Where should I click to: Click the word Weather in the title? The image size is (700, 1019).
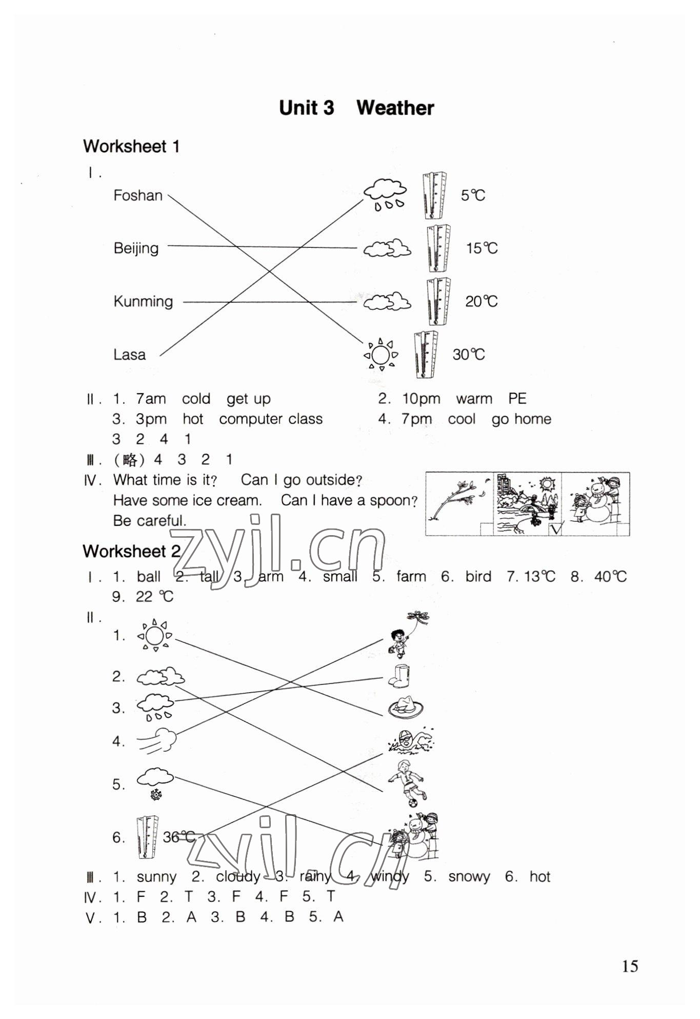(x=395, y=108)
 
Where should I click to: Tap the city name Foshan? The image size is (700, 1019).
(x=137, y=195)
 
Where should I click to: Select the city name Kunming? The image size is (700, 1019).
(x=143, y=301)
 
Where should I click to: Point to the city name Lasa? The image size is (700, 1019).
(x=129, y=355)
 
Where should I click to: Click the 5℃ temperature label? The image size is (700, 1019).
(x=472, y=195)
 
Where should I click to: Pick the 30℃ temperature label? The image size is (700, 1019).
(x=468, y=355)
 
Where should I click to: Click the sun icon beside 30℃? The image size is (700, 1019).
(x=381, y=354)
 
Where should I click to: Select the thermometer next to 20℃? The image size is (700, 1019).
(x=438, y=301)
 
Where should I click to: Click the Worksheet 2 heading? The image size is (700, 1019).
(x=132, y=552)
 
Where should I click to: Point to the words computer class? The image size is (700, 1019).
(x=271, y=419)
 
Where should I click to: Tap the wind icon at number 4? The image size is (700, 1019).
(x=157, y=741)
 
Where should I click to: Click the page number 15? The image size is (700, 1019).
(x=630, y=966)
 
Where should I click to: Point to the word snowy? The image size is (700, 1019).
(x=469, y=877)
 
